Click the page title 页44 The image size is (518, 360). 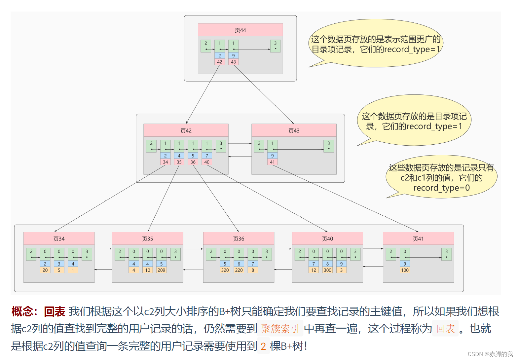(x=240, y=30)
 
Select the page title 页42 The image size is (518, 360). (x=186, y=130)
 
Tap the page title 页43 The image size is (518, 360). (x=294, y=130)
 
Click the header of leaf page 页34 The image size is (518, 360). (x=59, y=238)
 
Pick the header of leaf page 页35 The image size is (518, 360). (x=147, y=238)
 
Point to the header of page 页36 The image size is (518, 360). (x=239, y=238)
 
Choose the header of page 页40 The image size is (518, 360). (x=327, y=238)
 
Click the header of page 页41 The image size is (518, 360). (x=418, y=238)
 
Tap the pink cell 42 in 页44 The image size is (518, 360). (x=219, y=62)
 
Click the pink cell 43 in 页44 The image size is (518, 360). (x=233, y=62)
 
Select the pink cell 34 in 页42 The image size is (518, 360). (x=165, y=162)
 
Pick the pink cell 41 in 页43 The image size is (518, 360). (x=272, y=162)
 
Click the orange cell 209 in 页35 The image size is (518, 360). (x=161, y=270)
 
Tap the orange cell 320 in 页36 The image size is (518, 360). (x=225, y=270)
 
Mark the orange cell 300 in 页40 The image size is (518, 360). (x=327, y=270)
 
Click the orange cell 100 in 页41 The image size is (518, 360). (x=405, y=270)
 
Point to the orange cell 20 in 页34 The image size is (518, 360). (x=45, y=270)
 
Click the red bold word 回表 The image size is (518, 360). (x=55, y=311)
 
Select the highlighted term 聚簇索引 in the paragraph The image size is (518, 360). (x=280, y=329)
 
